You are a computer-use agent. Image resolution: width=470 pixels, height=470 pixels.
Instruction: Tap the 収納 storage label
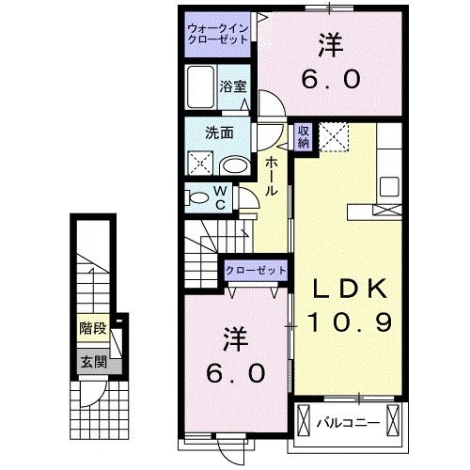click(304, 136)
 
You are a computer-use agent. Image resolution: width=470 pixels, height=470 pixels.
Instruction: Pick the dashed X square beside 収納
click(334, 137)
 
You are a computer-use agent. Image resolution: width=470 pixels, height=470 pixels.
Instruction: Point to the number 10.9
click(346, 323)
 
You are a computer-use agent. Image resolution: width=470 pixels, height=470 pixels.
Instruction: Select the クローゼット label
click(256, 271)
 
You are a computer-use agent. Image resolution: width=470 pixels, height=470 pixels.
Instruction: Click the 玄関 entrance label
click(91, 361)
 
